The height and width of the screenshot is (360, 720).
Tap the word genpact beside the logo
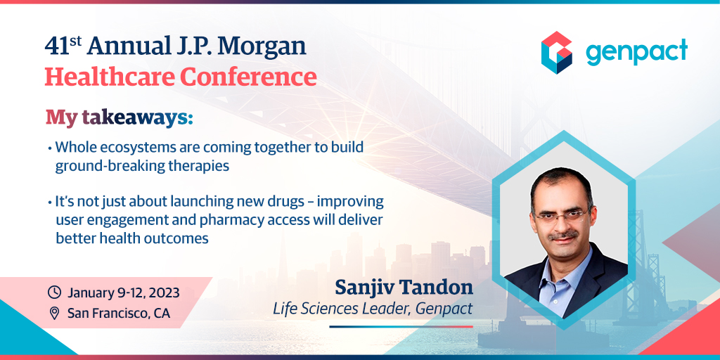coord(636,51)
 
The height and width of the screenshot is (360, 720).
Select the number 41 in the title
coord(55,46)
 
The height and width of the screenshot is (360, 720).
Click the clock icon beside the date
coord(54,292)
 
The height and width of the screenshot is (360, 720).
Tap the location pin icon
coord(54,313)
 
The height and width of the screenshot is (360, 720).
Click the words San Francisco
coord(109,313)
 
